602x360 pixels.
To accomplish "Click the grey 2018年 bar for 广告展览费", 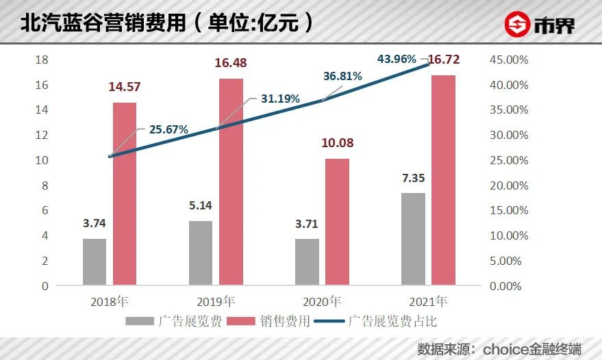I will click(95, 261).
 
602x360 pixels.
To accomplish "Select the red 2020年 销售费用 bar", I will click(337, 222).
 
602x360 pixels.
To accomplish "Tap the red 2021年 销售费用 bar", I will click(443, 180).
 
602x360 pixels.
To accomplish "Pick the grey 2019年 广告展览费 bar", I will click(201, 253).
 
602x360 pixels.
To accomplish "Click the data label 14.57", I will click(125, 88).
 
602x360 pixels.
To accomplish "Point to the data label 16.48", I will click(230, 63).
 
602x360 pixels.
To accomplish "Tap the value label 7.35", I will click(412, 178).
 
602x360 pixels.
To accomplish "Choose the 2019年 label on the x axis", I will click(215, 301).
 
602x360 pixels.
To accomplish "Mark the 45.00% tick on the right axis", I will click(509, 60).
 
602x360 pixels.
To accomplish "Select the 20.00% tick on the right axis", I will click(509, 185).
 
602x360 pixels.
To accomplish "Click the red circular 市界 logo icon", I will click(518, 25).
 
